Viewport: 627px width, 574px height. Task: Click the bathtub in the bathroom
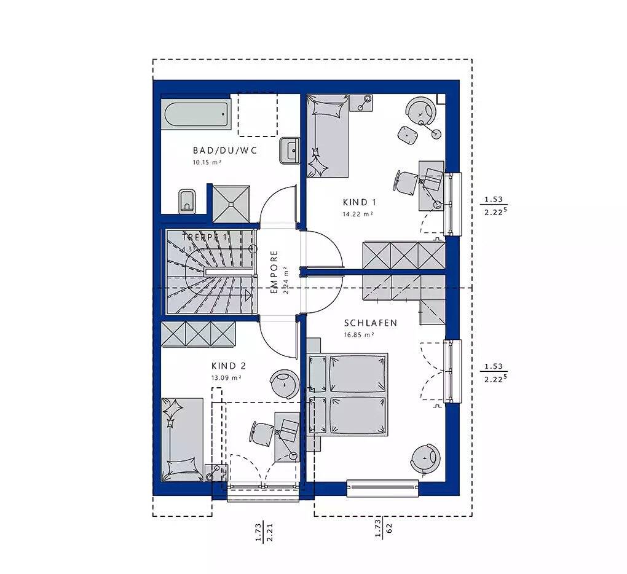coord(196,114)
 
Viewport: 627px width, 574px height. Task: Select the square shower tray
coord(232,203)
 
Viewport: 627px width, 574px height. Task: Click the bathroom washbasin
coord(289,151)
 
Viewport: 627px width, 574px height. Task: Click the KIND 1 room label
coord(359,202)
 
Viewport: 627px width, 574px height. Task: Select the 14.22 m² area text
coord(358,214)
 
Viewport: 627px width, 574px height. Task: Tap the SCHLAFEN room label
coord(370,323)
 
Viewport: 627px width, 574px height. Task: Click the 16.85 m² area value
coord(360,335)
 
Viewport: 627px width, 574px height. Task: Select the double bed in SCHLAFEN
coord(349,394)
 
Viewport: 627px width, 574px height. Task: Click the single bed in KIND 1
coord(327,136)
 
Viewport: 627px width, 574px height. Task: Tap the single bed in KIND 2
coord(182,439)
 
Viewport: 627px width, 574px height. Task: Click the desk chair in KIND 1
coord(405,181)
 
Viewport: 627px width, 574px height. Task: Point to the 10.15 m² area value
coord(207,163)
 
